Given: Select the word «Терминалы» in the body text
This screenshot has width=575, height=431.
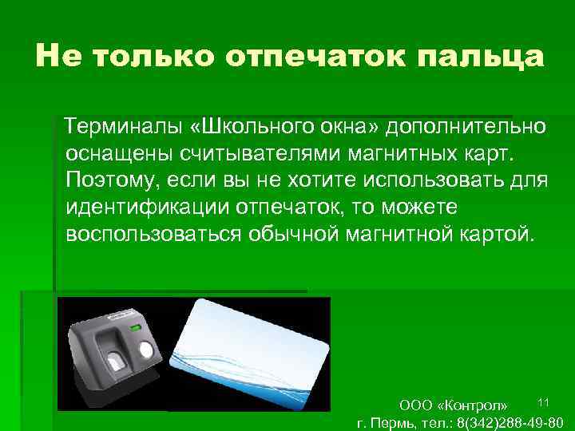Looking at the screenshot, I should (126, 126).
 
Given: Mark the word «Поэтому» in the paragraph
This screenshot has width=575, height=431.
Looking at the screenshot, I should (109, 180).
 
